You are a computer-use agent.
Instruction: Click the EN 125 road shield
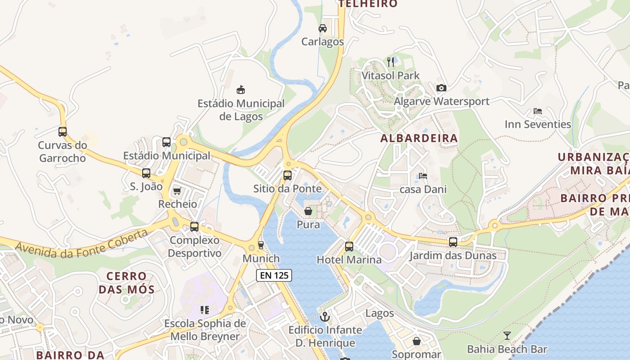[274, 275]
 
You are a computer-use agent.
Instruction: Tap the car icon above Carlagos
[323, 28]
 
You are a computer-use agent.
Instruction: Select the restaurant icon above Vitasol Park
[391, 62]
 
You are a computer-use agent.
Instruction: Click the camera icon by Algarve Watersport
[441, 88]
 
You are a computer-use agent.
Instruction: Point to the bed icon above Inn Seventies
[537, 111]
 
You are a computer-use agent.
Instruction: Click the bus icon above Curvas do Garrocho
[63, 132]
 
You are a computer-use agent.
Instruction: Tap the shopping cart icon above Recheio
[177, 191]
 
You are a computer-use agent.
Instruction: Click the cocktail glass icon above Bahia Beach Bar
[507, 336]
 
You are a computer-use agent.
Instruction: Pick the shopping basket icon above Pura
[308, 211]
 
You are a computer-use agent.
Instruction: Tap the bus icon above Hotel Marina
[349, 247]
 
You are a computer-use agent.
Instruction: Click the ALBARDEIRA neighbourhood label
[419, 138]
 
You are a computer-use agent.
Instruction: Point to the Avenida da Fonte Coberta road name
[81, 244]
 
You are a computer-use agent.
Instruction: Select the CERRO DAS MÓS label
[126, 283]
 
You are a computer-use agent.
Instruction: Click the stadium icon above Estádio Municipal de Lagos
[241, 90]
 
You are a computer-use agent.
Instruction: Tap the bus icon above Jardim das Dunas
[453, 242]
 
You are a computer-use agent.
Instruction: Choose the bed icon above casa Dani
[423, 176]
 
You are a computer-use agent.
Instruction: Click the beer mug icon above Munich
[261, 245]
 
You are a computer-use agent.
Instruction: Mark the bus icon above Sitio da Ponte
[288, 175]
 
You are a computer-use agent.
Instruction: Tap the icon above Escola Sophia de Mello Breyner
[205, 310]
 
